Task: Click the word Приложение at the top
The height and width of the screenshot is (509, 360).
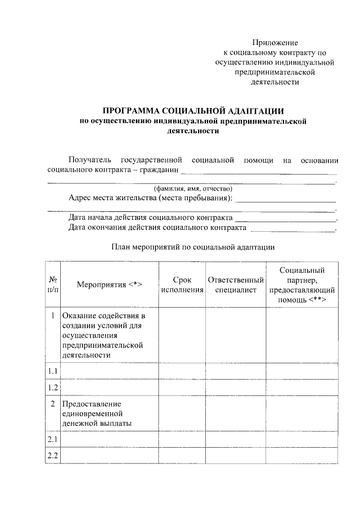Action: click(x=275, y=43)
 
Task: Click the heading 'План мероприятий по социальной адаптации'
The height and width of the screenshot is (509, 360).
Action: click(x=192, y=246)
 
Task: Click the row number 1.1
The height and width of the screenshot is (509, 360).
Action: click(x=52, y=371)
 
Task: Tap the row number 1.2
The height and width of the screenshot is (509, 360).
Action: click(x=52, y=388)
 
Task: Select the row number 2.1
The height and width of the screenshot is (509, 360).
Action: click(x=52, y=438)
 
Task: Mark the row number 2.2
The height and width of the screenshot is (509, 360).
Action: click(x=52, y=455)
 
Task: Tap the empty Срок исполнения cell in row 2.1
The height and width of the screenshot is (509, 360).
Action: click(x=182, y=438)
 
